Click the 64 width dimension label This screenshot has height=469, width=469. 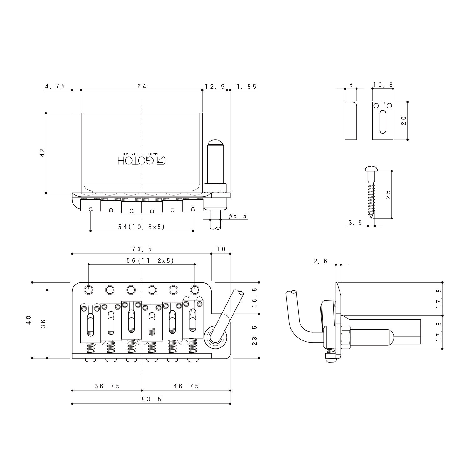pos(142,86)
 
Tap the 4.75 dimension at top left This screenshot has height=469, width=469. pos(55,86)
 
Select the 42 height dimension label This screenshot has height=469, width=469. pos(43,152)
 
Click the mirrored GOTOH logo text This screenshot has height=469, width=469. pos(141,160)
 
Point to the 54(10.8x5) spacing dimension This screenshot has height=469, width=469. pos(141,227)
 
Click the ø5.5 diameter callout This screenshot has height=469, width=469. pos(237,216)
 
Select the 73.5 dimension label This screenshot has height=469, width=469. pos(142,249)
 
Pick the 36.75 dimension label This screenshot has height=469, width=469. pos(107,386)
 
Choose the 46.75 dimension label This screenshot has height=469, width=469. pos(186,386)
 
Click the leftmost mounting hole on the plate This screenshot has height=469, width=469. pos(89,290)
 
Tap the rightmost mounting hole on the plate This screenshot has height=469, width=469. pos(195,290)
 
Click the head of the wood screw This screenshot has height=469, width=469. pos(371,169)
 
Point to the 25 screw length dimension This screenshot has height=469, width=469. pos(388,194)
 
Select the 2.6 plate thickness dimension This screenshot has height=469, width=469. pos(320,261)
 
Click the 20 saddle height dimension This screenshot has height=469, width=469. pos(404,120)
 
